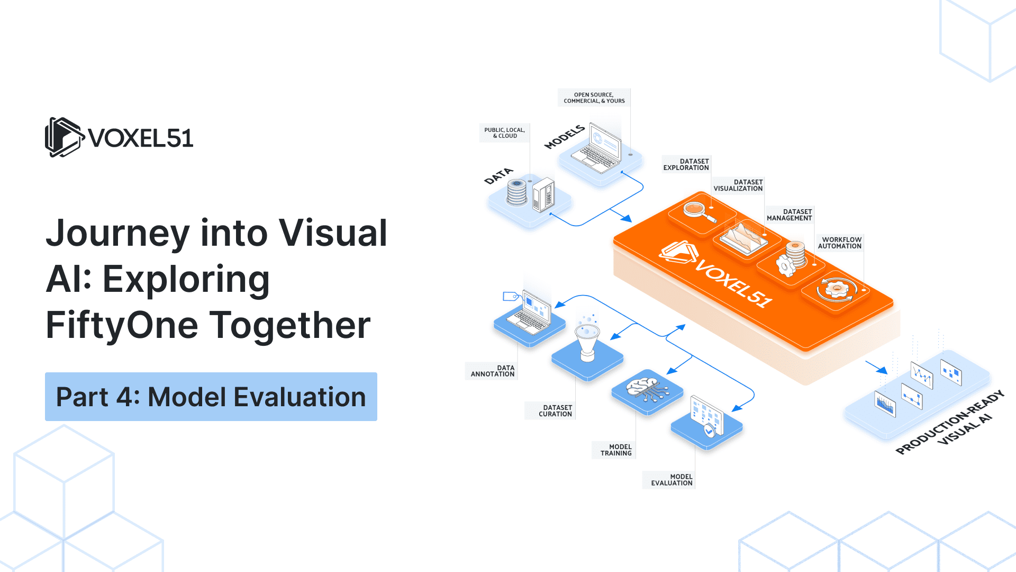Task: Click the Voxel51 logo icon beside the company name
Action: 64,137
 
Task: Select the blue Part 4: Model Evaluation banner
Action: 211,397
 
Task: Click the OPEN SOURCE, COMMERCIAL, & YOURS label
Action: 594,98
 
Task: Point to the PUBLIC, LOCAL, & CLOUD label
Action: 504,133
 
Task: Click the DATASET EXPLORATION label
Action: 686,164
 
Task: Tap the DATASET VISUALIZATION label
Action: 738,185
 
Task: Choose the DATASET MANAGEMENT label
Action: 789,215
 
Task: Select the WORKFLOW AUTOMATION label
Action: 840,243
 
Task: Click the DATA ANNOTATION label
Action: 492,371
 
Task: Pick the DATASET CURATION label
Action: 555,411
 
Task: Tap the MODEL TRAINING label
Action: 616,450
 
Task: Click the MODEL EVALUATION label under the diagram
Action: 672,480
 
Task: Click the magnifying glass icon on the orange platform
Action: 699,211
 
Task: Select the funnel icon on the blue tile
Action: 587,342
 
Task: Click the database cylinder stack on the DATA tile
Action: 517,192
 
